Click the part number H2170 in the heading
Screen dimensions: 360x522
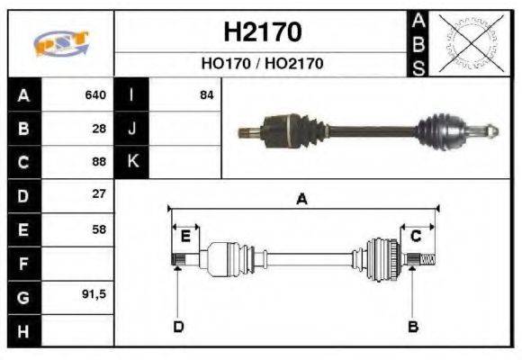point(262,32)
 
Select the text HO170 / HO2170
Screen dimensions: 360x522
point(262,64)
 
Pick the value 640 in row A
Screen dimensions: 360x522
point(94,94)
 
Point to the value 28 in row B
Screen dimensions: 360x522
point(99,128)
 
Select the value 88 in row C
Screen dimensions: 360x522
point(99,162)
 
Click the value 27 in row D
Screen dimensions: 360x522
point(99,194)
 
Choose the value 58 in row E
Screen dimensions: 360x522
point(99,229)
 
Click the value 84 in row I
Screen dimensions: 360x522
point(207,94)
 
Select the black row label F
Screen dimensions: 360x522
point(22,264)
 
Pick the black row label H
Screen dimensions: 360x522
point(22,331)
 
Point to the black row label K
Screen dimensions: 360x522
point(132,162)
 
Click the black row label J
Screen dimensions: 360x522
point(132,128)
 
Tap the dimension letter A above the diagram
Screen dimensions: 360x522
point(302,200)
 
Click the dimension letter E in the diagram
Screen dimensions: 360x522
point(185,236)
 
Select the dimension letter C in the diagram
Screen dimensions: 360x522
point(416,236)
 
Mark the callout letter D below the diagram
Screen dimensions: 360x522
point(178,326)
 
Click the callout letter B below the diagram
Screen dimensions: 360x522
point(413,326)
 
